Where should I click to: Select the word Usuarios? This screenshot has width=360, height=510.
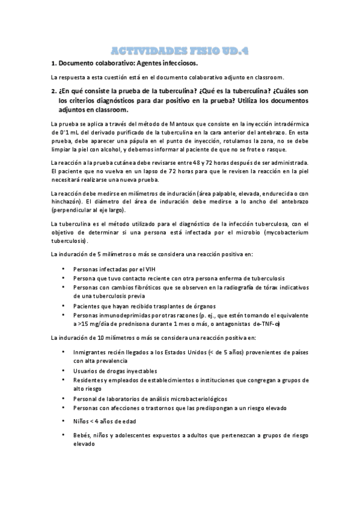coord(86,370)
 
